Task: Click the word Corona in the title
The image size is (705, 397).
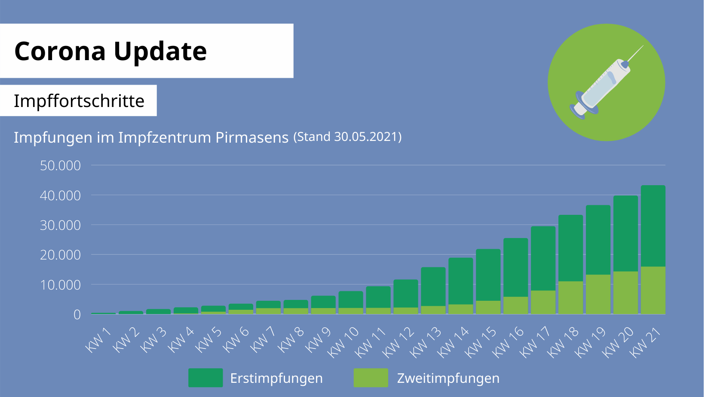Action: coord(60,51)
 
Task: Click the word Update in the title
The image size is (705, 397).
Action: coord(160,52)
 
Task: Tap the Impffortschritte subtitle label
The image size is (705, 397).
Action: coord(79,101)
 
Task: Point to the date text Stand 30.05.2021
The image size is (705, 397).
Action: coord(347,137)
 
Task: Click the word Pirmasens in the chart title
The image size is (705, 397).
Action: coord(252,137)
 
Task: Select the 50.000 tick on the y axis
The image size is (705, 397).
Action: coord(60,165)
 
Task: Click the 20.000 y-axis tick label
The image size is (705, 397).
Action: coord(60,255)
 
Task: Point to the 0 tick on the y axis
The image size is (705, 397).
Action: coord(77,315)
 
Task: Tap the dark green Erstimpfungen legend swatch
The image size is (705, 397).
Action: coord(205,378)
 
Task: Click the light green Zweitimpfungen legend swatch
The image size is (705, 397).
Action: coord(371,378)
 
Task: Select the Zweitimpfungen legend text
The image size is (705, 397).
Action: coord(448,378)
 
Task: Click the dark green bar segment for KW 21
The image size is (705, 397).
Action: coord(653,226)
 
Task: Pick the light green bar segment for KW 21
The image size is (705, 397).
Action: coord(653,290)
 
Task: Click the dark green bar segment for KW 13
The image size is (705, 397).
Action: coord(433,287)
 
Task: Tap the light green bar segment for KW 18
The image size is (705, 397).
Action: coord(570,298)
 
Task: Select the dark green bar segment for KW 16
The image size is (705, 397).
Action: coord(515,267)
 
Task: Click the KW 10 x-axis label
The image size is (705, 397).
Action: coord(343,342)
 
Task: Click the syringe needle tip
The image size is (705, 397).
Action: coord(643,46)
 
